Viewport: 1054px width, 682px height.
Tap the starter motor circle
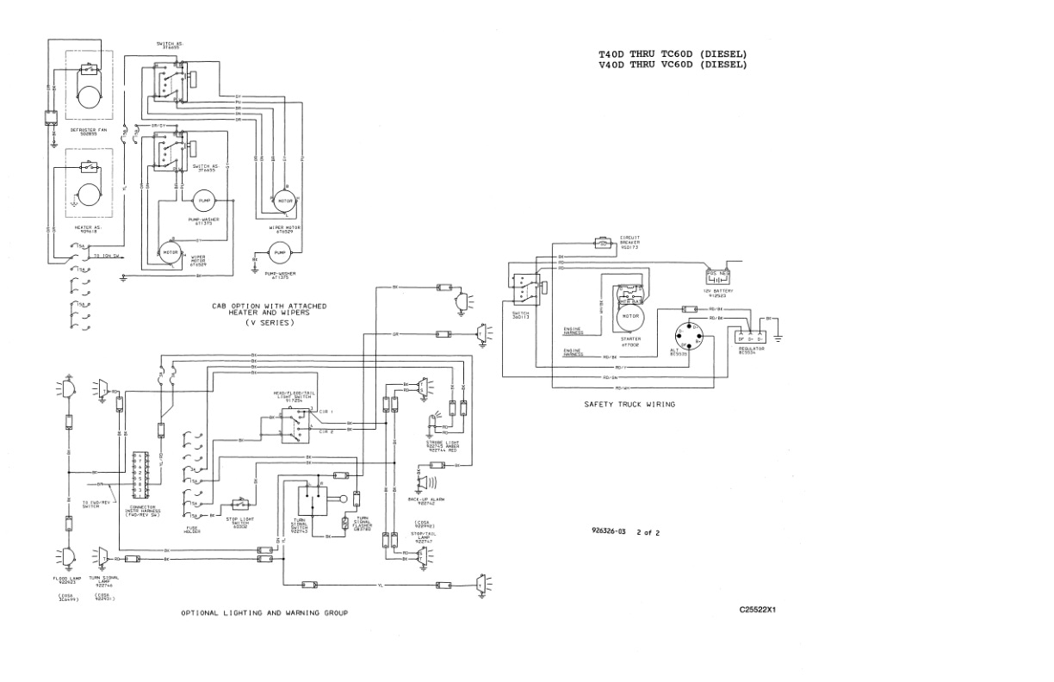pos(630,316)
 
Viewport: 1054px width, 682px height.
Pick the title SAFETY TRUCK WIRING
pos(629,403)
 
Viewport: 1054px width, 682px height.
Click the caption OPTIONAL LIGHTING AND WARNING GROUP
pos(263,612)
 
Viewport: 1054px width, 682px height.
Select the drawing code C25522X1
pos(758,609)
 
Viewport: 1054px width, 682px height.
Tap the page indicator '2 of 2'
pos(648,532)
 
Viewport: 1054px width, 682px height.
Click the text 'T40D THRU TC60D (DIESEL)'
pos(673,54)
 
